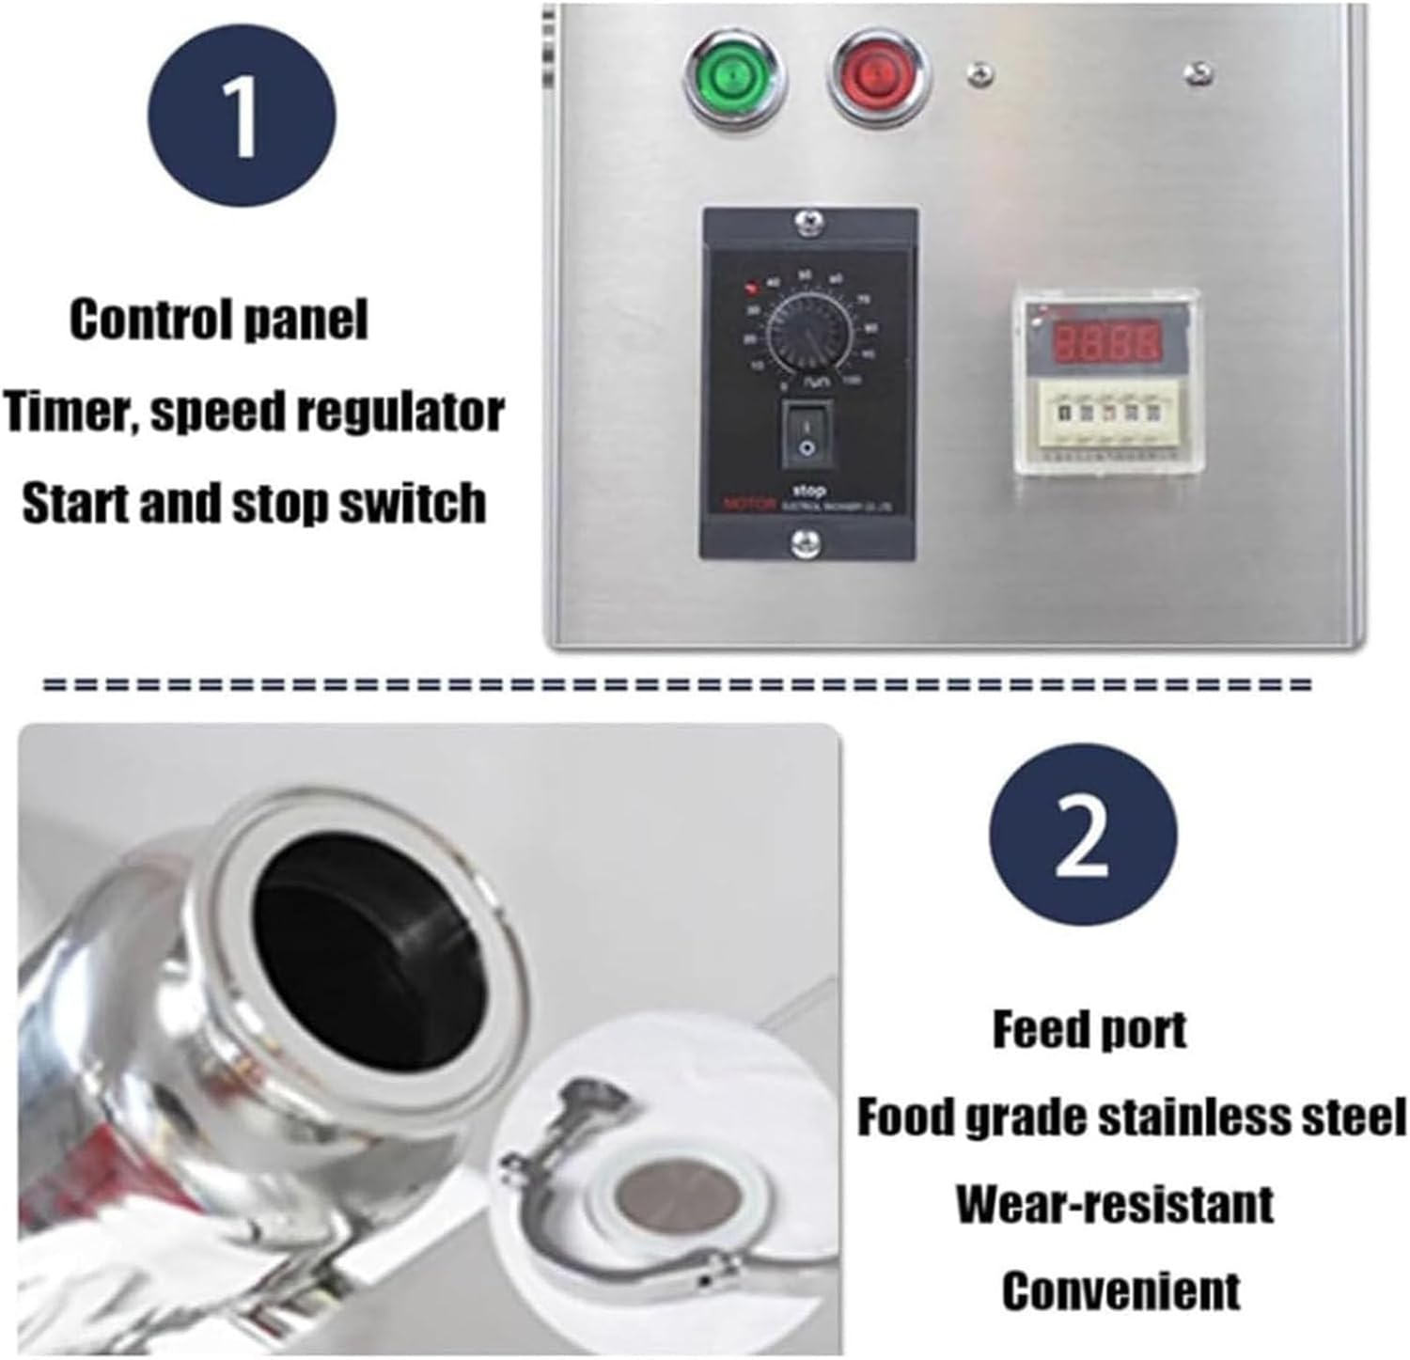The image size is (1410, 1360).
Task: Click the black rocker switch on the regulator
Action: click(807, 434)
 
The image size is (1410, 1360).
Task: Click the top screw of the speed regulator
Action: click(807, 223)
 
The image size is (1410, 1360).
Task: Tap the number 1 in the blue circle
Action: click(242, 118)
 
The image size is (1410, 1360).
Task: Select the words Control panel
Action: click(218, 320)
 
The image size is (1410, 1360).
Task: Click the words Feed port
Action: click(1089, 1030)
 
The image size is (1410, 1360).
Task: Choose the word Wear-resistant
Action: click(1115, 1204)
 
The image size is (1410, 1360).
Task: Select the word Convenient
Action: click(1120, 1290)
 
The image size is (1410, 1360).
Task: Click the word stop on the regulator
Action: click(808, 491)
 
